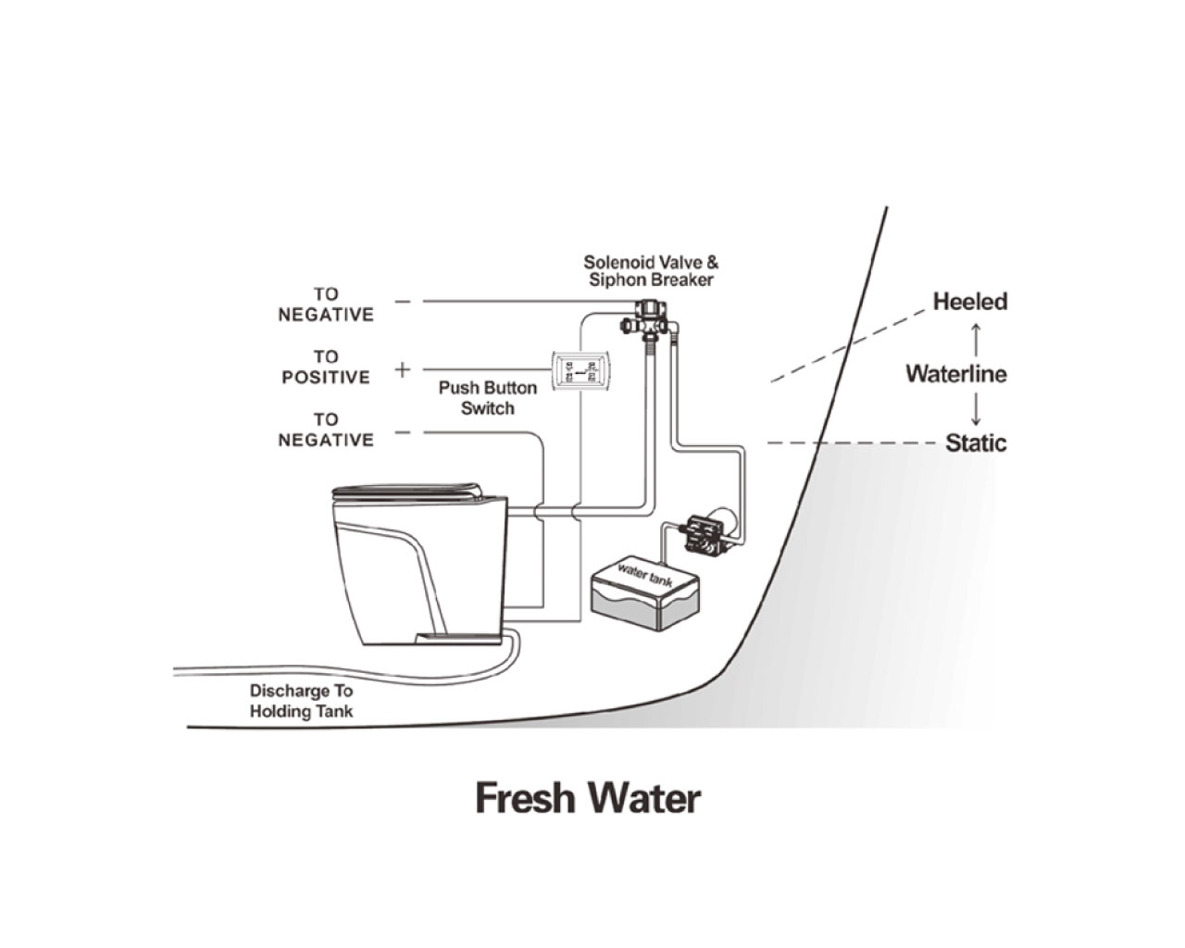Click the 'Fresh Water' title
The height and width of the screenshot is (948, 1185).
588,797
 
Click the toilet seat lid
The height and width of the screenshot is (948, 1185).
407,492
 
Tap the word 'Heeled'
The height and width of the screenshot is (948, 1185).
969,302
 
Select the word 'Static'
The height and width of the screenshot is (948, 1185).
975,443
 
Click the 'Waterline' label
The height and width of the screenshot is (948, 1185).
955,374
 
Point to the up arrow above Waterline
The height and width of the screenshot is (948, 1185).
975,334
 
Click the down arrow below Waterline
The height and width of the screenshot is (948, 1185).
975,410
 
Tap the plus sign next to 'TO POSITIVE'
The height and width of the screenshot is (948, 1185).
402,370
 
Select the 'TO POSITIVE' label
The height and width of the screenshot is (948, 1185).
326,367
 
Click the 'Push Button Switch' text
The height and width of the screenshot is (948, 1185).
487,398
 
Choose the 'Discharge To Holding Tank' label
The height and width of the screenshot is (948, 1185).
301,701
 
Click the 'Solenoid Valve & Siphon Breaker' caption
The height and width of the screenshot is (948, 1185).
650,271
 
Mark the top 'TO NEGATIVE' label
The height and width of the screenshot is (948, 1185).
326,305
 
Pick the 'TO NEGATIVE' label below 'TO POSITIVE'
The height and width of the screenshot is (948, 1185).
326,430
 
